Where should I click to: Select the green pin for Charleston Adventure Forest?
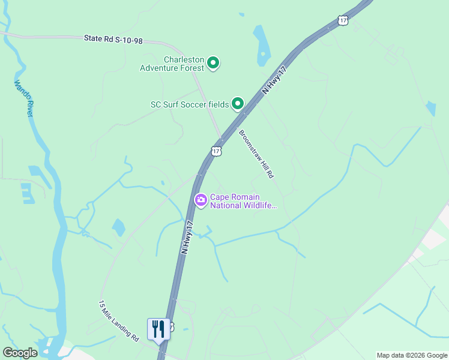click(213, 62)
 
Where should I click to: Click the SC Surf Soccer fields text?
click(189, 104)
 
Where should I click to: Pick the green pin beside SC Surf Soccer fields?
click(238, 104)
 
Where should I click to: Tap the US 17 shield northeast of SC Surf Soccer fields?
click(343, 20)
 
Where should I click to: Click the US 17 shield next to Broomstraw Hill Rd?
click(216, 151)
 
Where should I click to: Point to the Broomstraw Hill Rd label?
click(256, 154)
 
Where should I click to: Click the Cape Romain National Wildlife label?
click(243, 201)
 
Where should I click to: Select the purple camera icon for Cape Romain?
click(200, 200)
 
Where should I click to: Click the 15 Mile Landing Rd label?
click(119, 321)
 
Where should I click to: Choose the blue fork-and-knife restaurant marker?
click(158, 329)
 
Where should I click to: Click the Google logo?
click(20, 353)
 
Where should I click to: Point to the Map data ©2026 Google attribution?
click(412, 355)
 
